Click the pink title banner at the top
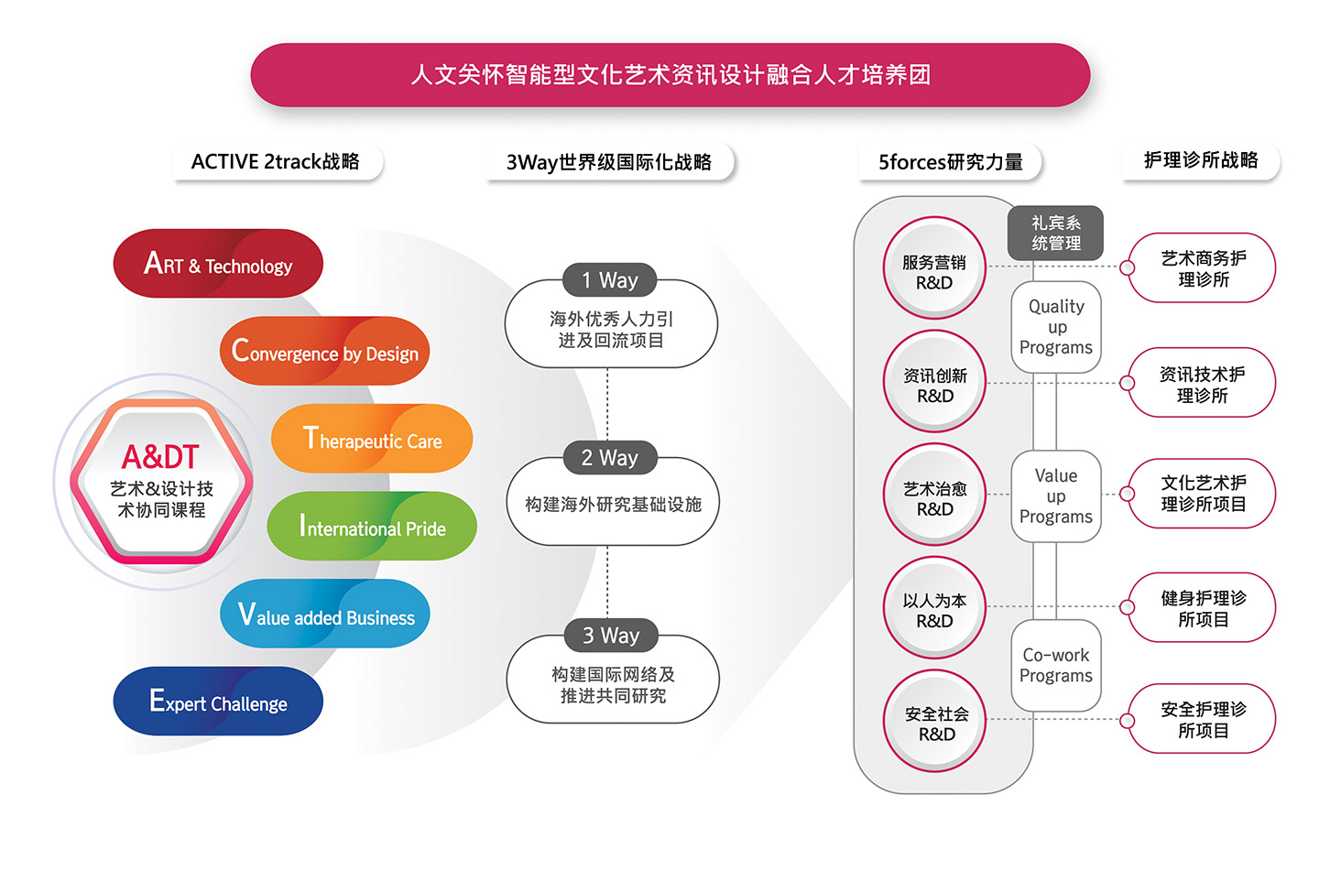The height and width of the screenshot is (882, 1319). click(x=670, y=75)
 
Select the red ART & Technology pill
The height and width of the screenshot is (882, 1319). click(x=218, y=264)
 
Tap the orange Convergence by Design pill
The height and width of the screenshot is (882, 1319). click(x=324, y=352)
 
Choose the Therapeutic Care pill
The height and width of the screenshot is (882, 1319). click(x=372, y=440)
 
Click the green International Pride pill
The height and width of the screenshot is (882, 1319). click(x=372, y=528)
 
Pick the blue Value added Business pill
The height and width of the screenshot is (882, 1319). click(x=325, y=615)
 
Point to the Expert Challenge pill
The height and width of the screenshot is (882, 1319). click(x=218, y=702)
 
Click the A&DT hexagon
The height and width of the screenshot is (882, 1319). click(x=161, y=482)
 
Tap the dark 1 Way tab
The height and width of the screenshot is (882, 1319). click(x=609, y=280)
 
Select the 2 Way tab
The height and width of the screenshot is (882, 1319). click(x=609, y=458)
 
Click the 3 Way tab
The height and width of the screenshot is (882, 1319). click(x=611, y=636)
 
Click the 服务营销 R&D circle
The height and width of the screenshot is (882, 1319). click(x=934, y=268)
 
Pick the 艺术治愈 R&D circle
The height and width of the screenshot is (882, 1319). click(x=934, y=495)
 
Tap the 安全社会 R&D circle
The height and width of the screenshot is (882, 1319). click(x=935, y=721)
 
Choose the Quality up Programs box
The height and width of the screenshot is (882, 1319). click(x=1056, y=327)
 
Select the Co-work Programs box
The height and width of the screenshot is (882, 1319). click(x=1056, y=666)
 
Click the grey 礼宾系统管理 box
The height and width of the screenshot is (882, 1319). click(x=1056, y=233)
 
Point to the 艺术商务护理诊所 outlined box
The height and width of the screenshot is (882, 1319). click(x=1202, y=268)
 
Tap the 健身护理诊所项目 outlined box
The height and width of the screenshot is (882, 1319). click(x=1202, y=607)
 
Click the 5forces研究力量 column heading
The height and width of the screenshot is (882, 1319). click(x=950, y=162)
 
